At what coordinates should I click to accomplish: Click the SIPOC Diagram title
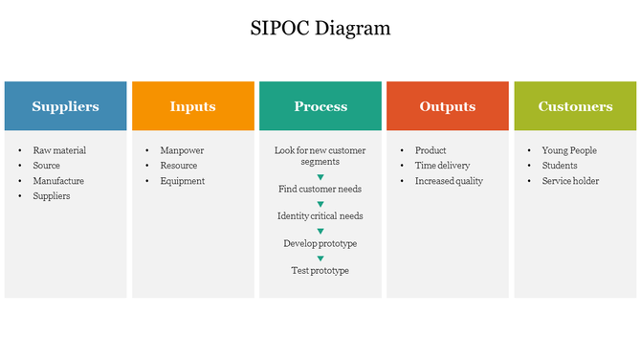pyautogui.click(x=320, y=28)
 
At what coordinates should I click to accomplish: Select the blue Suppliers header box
pyautogui.click(x=65, y=106)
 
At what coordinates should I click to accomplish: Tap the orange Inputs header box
pyautogui.click(x=193, y=106)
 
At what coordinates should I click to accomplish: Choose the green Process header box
pyautogui.click(x=320, y=106)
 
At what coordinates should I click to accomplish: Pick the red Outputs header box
pyautogui.click(x=448, y=106)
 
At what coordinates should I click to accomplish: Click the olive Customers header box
pyautogui.click(x=575, y=106)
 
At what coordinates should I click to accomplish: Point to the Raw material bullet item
pyautogui.click(x=59, y=150)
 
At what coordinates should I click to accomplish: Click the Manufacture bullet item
pyautogui.click(x=58, y=181)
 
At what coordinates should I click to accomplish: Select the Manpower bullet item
pyautogui.click(x=182, y=150)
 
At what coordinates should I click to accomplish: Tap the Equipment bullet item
pyautogui.click(x=182, y=181)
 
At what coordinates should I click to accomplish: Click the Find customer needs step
pyautogui.click(x=320, y=190)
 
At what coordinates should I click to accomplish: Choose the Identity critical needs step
pyautogui.click(x=320, y=216)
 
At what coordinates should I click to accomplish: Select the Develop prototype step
pyautogui.click(x=320, y=243)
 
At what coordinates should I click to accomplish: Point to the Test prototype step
pyautogui.click(x=320, y=271)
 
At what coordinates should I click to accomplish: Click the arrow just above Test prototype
pyautogui.click(x=320, y=258)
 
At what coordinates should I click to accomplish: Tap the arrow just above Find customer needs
pyautogui.click(x=320, y=176)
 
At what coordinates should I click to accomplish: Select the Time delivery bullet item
pyautogui.click(x=442, y=166)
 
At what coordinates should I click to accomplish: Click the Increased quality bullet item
pyautogui.click(x=449, y=181)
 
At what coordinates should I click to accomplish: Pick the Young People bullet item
pyautogui.click(x=569, y=150)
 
